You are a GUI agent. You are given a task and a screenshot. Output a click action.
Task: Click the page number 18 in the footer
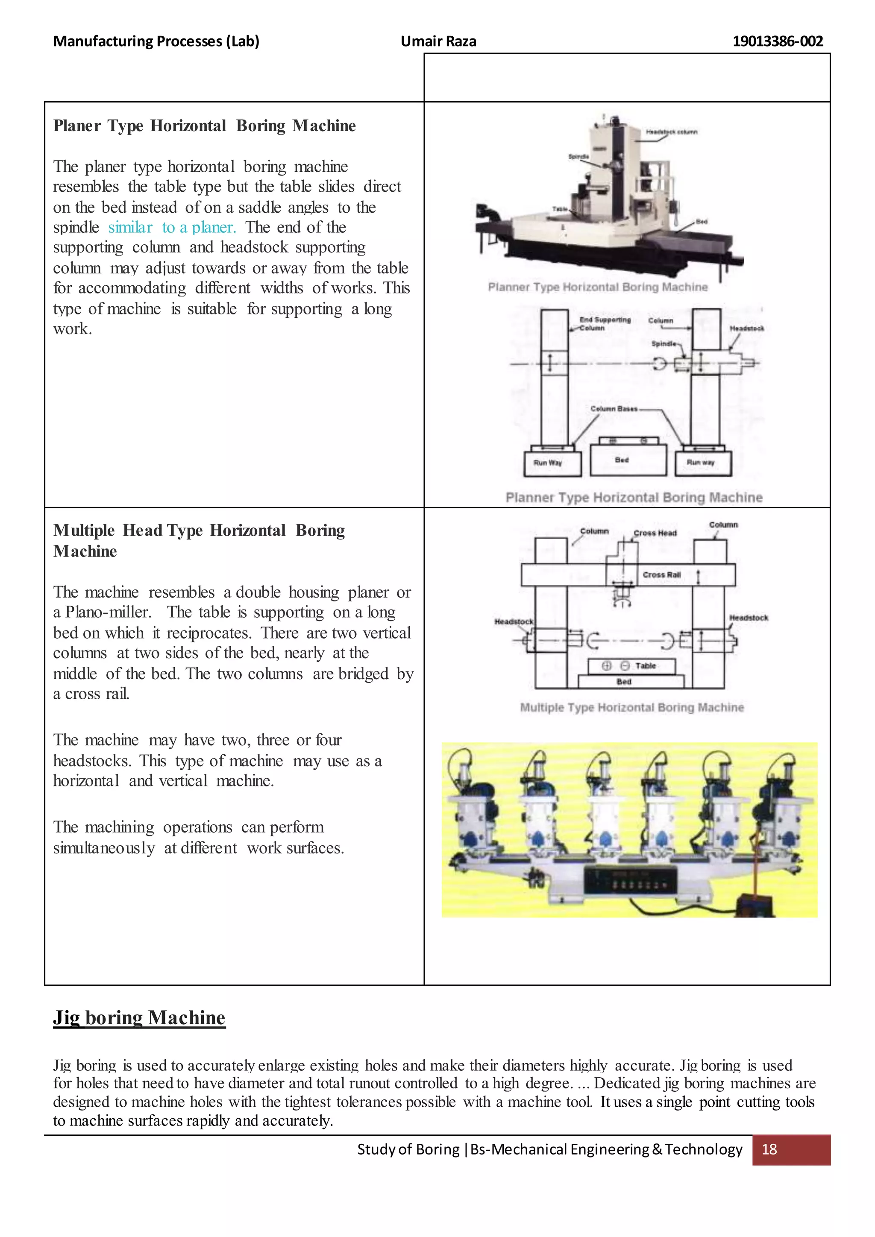click(x=769, y=1149)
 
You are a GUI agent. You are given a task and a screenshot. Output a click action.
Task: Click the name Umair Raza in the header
click(x=438, y=41)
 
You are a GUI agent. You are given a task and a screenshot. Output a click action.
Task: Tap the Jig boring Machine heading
click(x=139, y=1017)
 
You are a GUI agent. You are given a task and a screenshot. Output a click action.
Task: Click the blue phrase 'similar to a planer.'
click(x=172, y=227)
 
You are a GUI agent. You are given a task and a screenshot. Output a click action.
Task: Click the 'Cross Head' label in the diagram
click(x=655, y=533)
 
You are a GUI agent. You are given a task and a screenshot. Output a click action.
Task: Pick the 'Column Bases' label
click(x=614, y=409)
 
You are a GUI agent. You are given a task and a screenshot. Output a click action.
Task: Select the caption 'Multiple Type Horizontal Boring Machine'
click(x=631, y=707)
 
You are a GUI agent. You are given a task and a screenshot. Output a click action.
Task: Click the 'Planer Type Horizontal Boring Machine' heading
click(x=204, y=126)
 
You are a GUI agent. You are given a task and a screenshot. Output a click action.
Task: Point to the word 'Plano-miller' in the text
click(x=108, y=612)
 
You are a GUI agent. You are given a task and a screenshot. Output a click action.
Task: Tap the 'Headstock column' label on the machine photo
click(x=671, y=132)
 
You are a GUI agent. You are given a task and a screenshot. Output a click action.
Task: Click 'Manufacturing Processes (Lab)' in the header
click(x=156, y=41)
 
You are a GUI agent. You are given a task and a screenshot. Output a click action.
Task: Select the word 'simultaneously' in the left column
click(x=103, y=848)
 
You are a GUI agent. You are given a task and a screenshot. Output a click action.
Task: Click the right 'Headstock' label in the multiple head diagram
click(x=749, y=618)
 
